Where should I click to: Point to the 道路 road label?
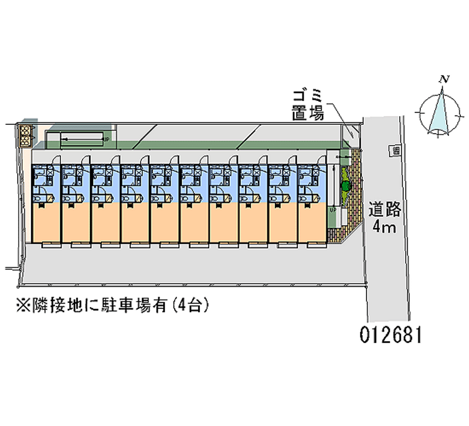click(385, 210)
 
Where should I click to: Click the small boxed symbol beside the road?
click(397, 151)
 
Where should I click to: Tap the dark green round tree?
click(345, 186)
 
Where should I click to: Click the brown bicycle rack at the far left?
click(26, 135)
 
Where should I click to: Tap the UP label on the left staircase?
click(106, 139)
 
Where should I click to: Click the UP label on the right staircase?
click(332, 209)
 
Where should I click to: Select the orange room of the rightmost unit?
click(311, 223)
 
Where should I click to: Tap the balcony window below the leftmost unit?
click(46, 245)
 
